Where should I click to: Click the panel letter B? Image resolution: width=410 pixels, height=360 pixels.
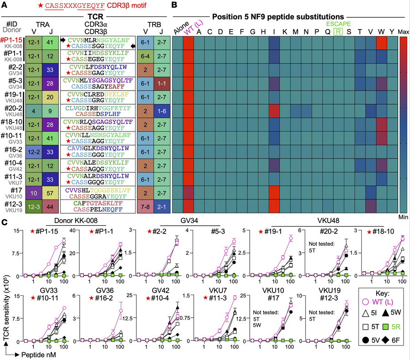click(x=174, y=5)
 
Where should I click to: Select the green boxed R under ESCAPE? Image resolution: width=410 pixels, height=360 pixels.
click(x=338, y=32)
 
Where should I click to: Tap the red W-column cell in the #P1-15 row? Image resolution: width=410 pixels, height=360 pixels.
click(x=381, y=43)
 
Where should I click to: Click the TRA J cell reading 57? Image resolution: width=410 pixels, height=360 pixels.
click(x=50, y=193)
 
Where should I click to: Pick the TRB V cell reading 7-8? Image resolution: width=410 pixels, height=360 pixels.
click(x=145, y=207)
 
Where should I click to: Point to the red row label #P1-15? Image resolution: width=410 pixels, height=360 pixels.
click(x=11, y=40)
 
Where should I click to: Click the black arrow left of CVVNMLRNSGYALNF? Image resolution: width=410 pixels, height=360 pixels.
click(x=63, y=40)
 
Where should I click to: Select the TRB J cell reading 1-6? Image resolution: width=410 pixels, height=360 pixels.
click(x=162, y=111)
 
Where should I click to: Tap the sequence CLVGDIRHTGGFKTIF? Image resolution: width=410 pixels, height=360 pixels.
click(x=98, y=108)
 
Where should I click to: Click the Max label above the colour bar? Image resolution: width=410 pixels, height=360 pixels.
click(x=404, y=32)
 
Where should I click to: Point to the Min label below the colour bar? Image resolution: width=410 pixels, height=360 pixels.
click(x=403, y=217)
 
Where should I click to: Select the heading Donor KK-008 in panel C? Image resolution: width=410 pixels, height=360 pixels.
click(x=76, y=220)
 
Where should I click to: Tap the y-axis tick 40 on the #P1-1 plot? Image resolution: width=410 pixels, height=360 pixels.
click(x=72, y=231)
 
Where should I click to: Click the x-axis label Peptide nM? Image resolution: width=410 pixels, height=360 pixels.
click(x=38, y=355)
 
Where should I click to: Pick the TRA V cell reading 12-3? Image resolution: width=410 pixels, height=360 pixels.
click(x=34, y=207)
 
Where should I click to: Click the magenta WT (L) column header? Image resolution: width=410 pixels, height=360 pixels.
click(x=193, y=27)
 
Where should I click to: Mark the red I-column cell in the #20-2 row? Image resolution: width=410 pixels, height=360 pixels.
click(x=274, y=111)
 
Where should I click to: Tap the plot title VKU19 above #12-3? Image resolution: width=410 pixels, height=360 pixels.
click(x=329, y=290)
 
